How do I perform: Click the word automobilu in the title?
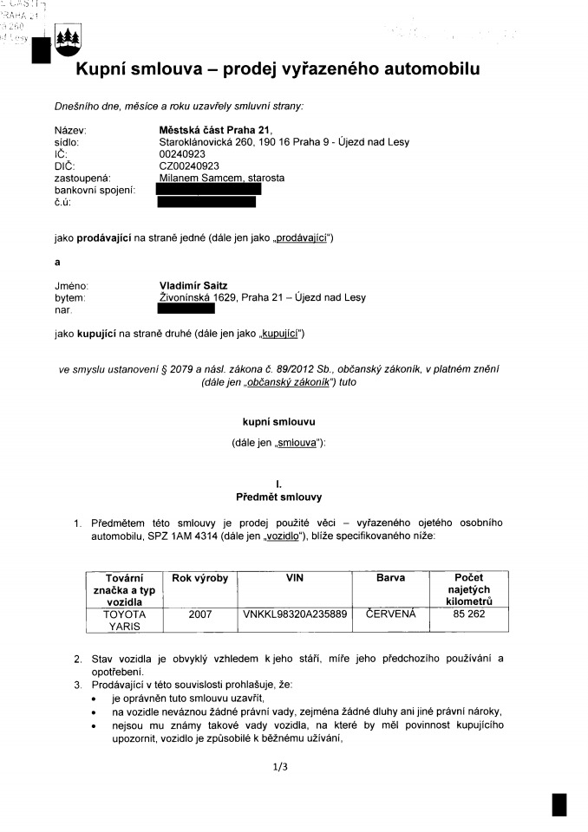[x=421, y=68]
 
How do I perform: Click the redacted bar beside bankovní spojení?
[x=208, y=189]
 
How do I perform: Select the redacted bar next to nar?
[x=186, y=309]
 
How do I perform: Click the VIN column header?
[x=294, y=577]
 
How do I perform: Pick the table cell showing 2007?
[x=200, y=614]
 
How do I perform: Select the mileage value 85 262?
[x=469, y=614]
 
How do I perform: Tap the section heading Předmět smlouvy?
[x=278, y=497]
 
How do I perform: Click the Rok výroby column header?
[x=200, y=577]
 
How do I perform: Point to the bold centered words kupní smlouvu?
[x=278, y=422]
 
